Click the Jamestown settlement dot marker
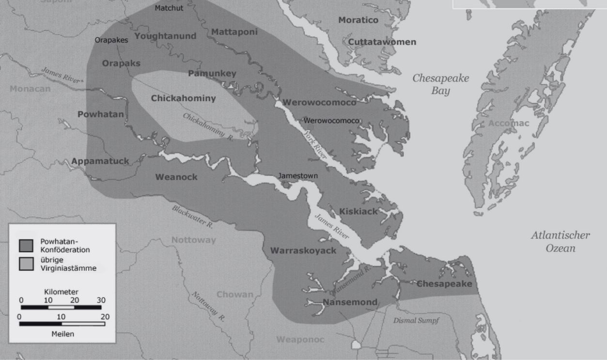coord(286,185)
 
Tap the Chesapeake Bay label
coord(441,84)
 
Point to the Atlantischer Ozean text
coord(560,241)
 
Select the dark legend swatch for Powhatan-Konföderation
coord(26,245)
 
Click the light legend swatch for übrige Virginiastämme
coord(26,264)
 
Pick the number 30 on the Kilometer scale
coord(101,300)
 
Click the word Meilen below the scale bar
coord(62,334)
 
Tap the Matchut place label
coord(169,8)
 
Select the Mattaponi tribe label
coord(234,32)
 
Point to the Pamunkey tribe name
coord(212,74)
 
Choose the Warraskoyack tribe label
coord(303,250)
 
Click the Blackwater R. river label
coord(192,217)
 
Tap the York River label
coord(316,145)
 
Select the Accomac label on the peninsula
coord(509,123)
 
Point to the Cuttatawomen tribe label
coord(382,42)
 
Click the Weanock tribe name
coord(176,177)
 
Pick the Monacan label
coord(30,89)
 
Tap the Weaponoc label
coord(300,340)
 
